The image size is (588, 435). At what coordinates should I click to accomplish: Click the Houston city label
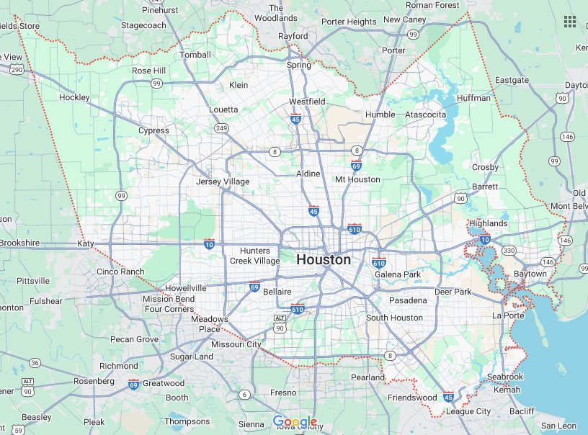click(x=324, y=259)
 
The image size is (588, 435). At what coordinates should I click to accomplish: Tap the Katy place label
click(x=86, y=244)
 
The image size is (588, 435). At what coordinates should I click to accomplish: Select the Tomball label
click(x=195, y=55)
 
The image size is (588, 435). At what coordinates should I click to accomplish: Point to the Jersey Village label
click(x=223, y=181)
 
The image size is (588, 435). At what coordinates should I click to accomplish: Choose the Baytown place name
click(x=530, y=274)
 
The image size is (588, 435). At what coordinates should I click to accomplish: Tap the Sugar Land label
click(x=191, y=356)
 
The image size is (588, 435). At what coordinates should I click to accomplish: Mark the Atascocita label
click(x=425, y=115)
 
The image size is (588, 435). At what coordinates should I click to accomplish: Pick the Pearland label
click(x=367, y=377)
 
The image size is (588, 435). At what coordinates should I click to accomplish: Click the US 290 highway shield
click(x=17, y=70)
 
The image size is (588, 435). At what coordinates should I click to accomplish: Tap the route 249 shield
click(x=221, y=128)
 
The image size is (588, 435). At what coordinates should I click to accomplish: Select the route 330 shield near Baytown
click(x=509, y=251)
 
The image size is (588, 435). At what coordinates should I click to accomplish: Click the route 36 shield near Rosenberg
click(x=35, y=362)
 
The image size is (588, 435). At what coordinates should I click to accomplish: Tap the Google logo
click(x=295, y=421)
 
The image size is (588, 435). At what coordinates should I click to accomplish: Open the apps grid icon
click(x=570, y=21)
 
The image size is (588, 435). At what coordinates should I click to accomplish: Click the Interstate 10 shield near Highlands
click(x=485, y=240)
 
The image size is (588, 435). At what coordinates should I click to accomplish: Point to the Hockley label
click(x=74, y=97)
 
